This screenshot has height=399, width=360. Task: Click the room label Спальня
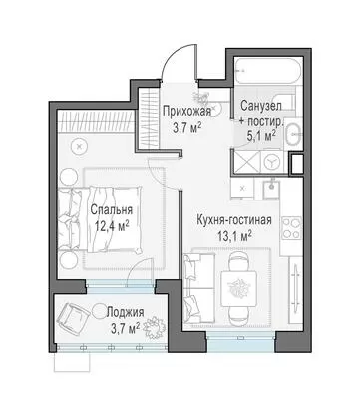(x=112, y=210)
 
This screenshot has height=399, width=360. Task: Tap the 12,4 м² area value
(x=112, y=226)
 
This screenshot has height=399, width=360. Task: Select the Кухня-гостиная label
(x=234, y=220)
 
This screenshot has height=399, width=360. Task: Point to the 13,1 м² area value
(x=234, y=236)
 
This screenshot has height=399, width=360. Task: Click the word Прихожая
(x=186, y=111)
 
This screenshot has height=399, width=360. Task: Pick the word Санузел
(x=261, y=106)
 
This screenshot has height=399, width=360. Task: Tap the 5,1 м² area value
(x=261, y=136)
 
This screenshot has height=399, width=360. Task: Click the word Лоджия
(x=125, y=313)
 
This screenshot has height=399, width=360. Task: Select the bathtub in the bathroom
(x=267, y=71)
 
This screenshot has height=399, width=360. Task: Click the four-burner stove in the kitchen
(x=292, y=227)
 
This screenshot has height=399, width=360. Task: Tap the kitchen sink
(x=271, y=188)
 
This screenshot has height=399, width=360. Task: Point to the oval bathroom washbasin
(x=293, y=134)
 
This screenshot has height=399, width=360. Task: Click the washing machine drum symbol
(x=271, y=162)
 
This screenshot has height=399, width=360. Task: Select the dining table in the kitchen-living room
(x=239, y=286)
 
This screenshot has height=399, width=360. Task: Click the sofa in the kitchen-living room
(x=199, y=288)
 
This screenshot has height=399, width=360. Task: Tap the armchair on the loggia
(x=73, y=315)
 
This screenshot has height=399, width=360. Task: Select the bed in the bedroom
(x=100, y=218)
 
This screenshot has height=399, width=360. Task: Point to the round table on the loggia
(x=100, y=311)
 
